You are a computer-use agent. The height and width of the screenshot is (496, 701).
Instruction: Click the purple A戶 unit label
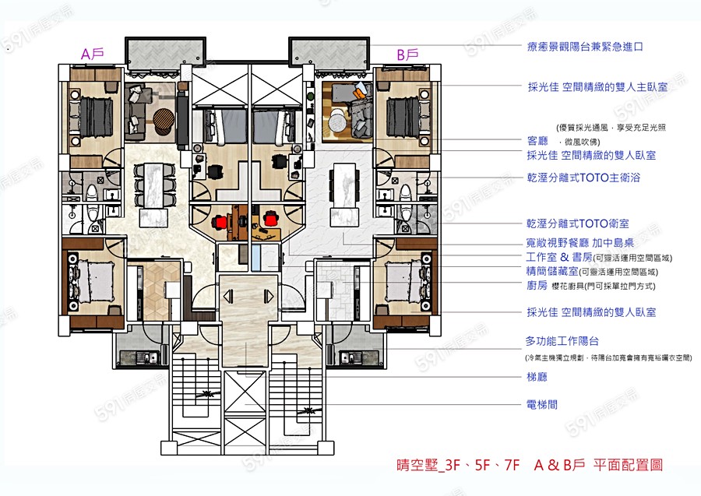(93, 54)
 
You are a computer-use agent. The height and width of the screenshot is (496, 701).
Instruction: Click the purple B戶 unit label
(407, 55)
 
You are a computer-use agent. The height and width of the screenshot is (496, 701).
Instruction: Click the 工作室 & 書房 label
(558, 257)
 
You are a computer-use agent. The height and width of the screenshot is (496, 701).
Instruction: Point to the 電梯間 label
(542, 405)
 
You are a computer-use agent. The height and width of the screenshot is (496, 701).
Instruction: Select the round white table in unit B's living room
(336, 121)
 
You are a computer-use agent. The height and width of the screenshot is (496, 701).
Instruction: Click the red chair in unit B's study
(270, 220)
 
